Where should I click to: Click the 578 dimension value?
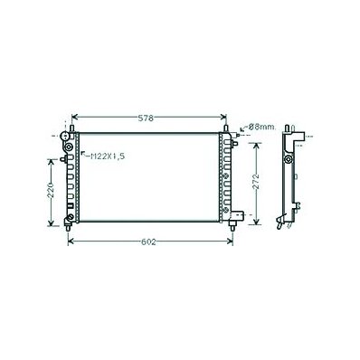pyautogui.click(x=146, y=118)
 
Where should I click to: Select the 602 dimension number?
pyautogui.click(x=148, y=242)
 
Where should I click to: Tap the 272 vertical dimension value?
pyautogui.click(x=256, y=181)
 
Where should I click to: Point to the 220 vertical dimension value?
pyautogui.click(x=51, y=190)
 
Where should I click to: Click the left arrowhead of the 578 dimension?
pyautogui.click(x=74, y=117)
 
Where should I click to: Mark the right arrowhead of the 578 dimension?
pyautogui.click(x=223, y=117)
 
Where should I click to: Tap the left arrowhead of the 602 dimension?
pyautogui.click(x=71, y=241)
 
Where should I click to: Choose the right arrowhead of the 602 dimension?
pyautogui.click(x=231, y=241)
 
